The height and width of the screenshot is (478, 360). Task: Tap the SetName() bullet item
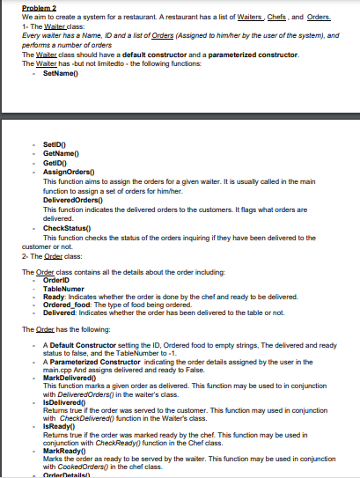tap(51, 71)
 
